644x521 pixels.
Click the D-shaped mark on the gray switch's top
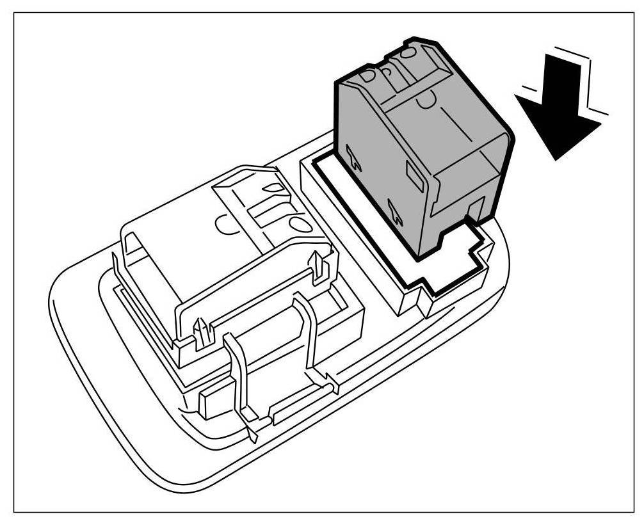370,76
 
